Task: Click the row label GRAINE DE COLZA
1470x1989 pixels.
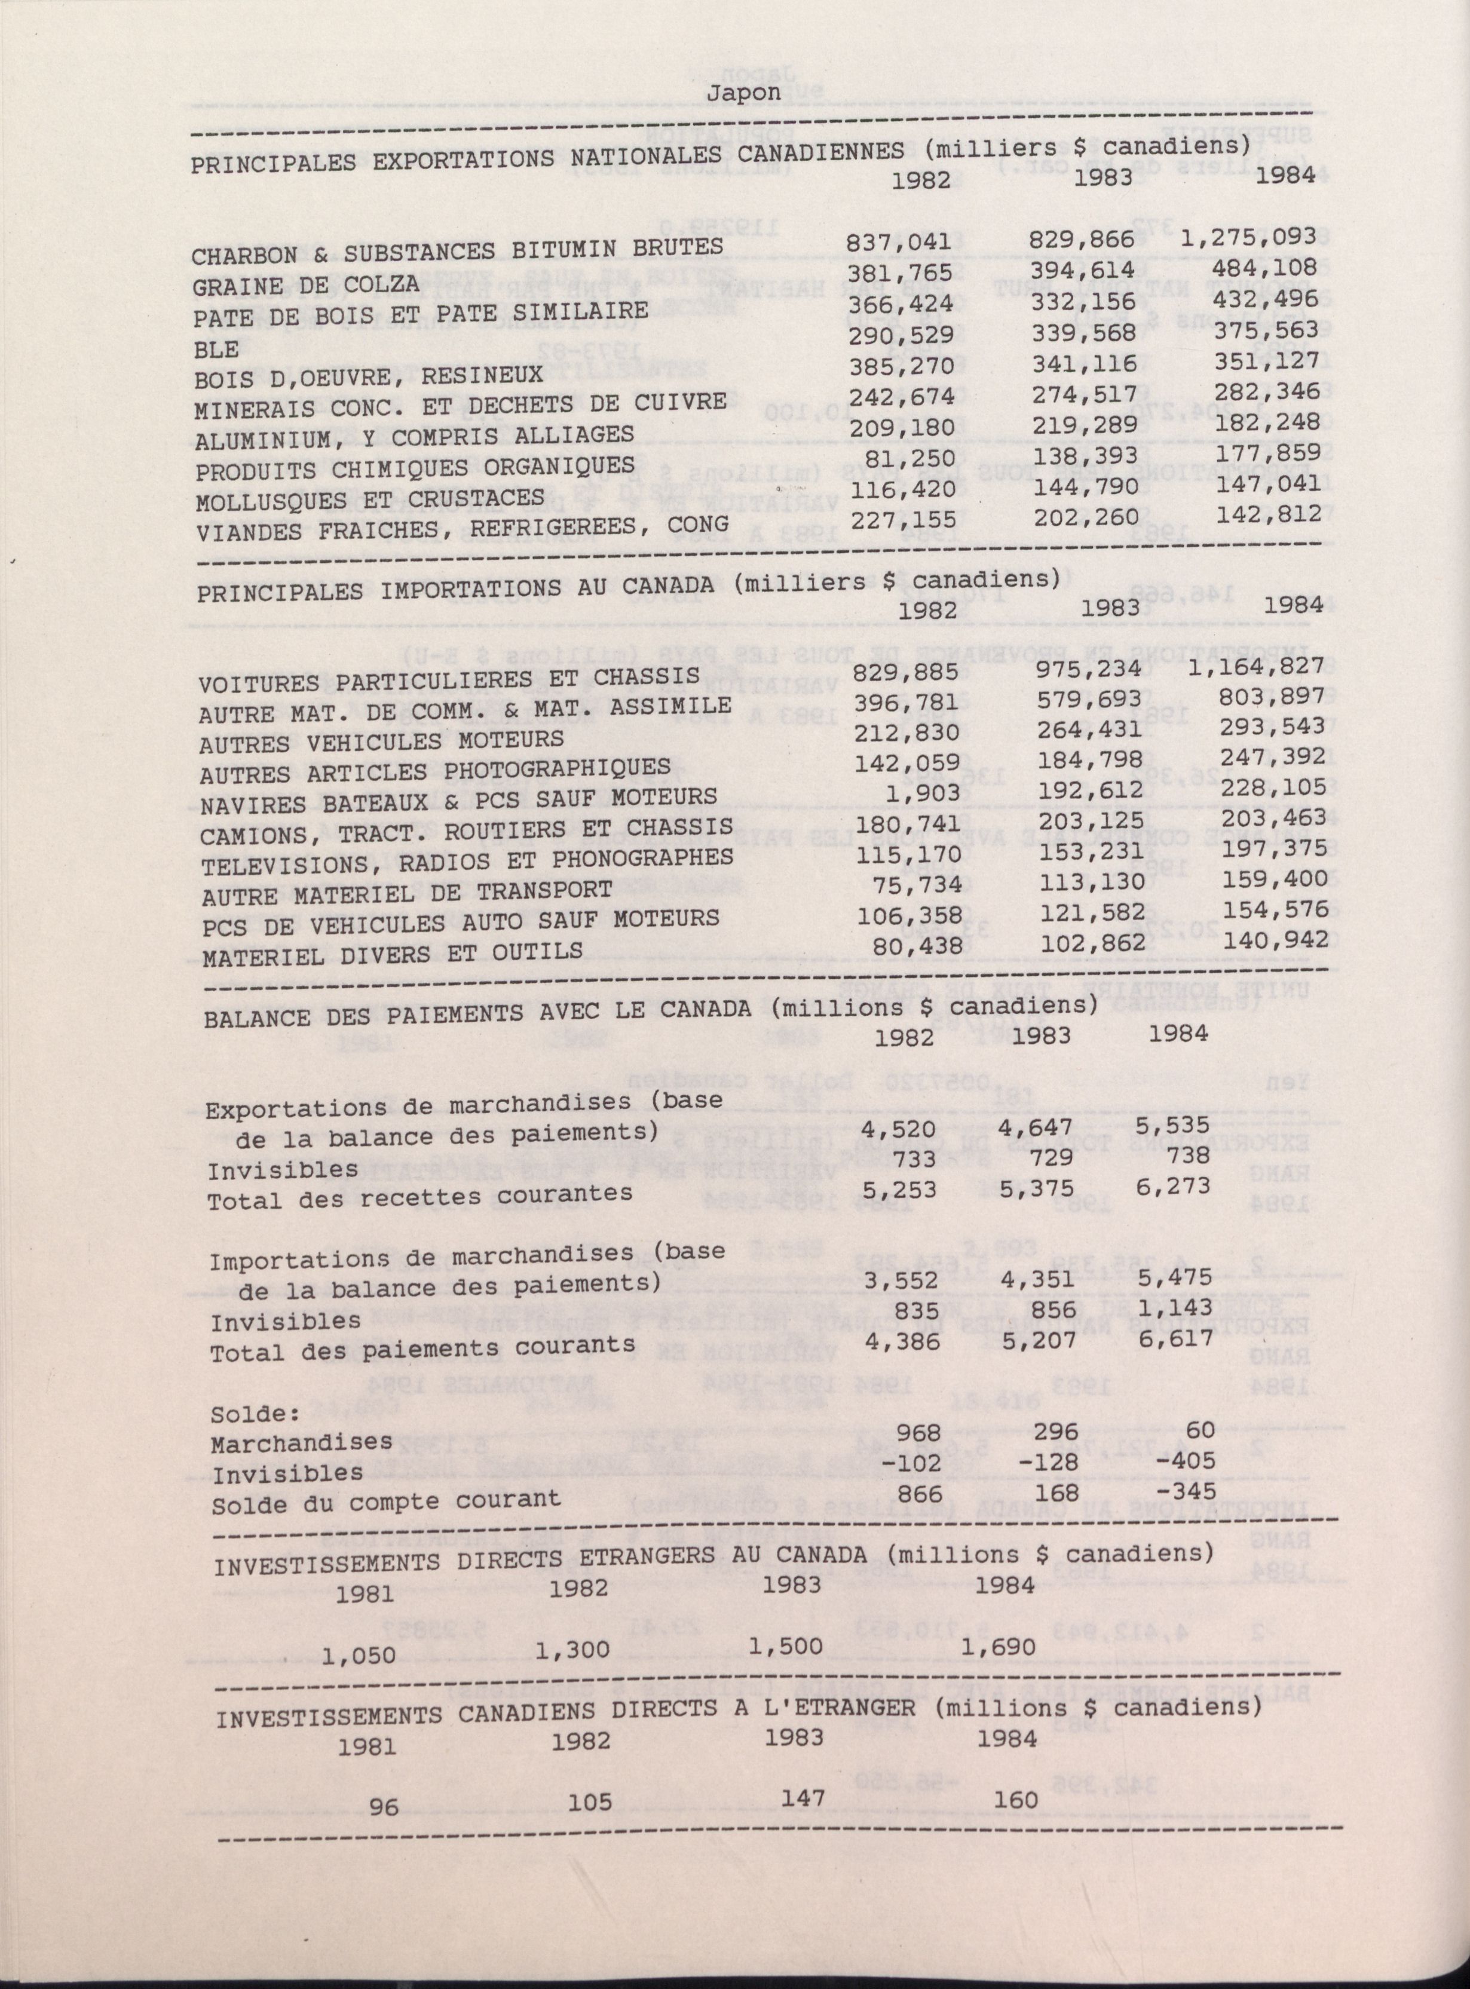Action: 305,286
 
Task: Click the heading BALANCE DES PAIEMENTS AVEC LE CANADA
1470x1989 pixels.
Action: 480,1014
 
